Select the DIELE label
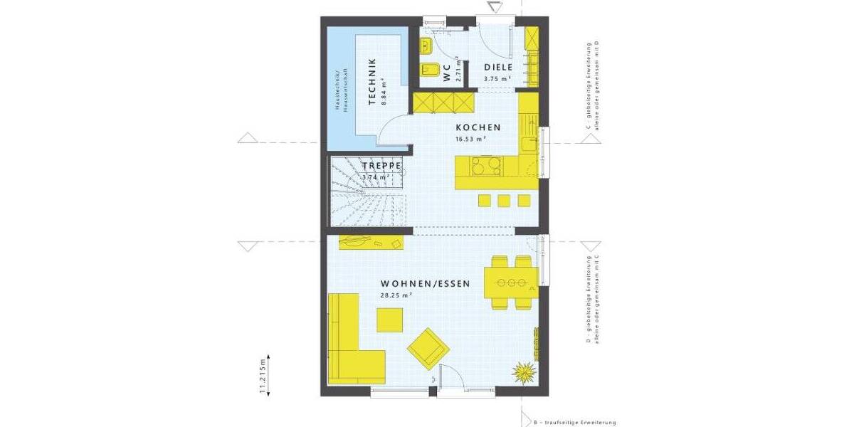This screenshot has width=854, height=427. point(498,68)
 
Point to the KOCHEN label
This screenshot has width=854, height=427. point(478,127)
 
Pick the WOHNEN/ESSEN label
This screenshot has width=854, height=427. point(425,283)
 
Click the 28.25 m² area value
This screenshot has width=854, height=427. point(397,295)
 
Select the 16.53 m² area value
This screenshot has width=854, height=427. point(470,139)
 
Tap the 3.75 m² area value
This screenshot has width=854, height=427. point(497,79)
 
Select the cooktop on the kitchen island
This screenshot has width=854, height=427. point(483,168)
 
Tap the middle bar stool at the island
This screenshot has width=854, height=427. point(505,199)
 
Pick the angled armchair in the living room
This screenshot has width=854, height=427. point(428,348)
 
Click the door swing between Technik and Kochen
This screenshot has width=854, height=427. point(389,130)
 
